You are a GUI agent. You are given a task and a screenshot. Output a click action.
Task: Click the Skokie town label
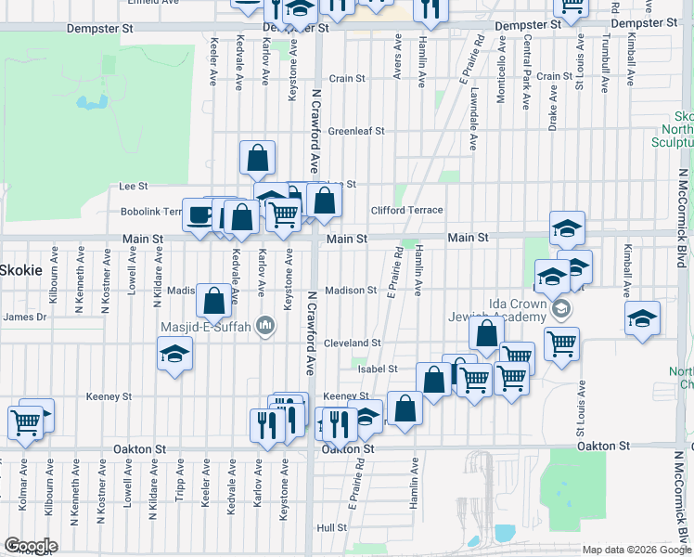pos(19,269)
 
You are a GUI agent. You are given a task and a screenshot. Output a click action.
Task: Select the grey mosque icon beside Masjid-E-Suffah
pos(265,325)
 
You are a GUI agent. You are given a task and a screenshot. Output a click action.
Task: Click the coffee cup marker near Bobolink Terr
pos(199,215)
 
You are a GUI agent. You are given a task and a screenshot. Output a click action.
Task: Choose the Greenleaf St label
pos(355,131)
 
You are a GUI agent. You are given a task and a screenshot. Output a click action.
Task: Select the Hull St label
pos(331,527)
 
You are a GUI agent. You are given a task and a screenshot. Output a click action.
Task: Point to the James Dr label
pos(25,317)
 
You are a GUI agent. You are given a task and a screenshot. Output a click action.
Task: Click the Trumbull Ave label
pos(605,65)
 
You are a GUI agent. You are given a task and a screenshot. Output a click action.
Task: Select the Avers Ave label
pos(398,58)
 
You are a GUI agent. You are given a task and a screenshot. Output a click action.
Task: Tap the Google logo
pos(31,546)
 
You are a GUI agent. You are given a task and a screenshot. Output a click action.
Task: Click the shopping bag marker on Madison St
pos(213,302)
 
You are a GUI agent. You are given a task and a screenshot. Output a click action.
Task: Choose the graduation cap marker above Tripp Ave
pos(174,355)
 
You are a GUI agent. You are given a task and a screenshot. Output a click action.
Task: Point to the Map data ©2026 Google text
pos(636,550)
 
